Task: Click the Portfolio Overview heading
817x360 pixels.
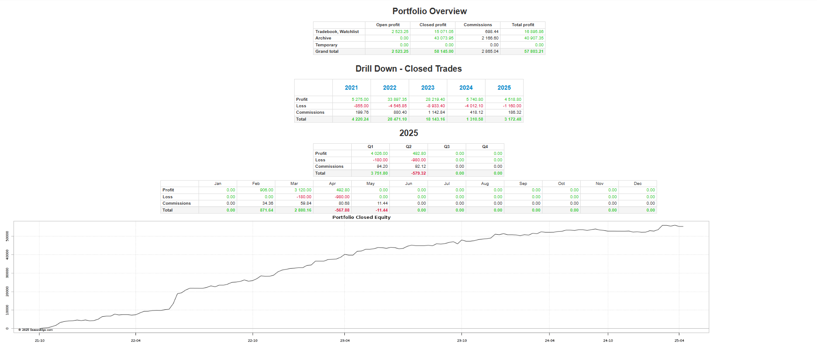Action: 429,12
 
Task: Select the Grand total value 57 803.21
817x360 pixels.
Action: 534,51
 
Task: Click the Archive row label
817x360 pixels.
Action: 323,38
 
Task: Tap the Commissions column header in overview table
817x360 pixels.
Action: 477,25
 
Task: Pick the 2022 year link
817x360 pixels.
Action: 389,88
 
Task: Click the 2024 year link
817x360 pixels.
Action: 466,88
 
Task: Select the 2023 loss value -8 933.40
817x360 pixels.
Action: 435,106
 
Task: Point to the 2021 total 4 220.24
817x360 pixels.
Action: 360,119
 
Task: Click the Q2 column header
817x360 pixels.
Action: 408,147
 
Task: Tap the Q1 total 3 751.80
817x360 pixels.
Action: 379,173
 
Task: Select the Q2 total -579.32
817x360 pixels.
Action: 418,173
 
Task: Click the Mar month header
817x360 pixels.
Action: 294,184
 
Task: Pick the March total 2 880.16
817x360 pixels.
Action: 302,210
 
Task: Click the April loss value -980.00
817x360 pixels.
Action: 342,197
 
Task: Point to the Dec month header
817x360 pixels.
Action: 637,184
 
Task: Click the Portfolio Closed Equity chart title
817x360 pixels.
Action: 361,217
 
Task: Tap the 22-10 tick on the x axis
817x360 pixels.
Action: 253,340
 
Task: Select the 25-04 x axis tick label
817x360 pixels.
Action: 679,340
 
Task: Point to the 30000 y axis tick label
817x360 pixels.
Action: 7,273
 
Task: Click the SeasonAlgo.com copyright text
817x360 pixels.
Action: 36,330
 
